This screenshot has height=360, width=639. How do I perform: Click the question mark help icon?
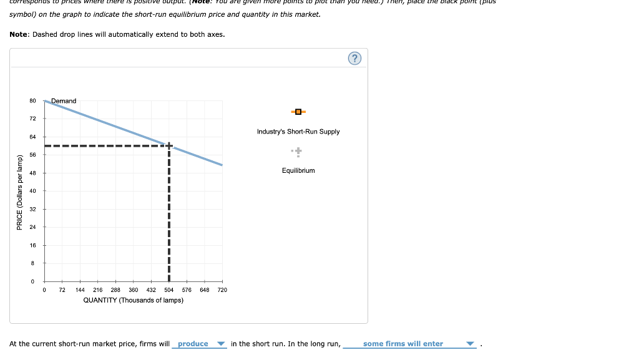point(354,59)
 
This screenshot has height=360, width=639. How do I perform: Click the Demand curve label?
point(64,101)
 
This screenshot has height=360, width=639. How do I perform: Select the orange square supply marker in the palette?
point(298,112)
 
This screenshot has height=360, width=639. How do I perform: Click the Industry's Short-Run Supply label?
point(298,132)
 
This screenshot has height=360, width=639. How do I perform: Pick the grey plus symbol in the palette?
point(298,150)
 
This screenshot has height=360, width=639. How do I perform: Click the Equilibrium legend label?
point(298,170)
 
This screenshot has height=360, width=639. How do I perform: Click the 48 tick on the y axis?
point(32,173)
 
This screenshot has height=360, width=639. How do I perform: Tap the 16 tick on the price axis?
point(32,245)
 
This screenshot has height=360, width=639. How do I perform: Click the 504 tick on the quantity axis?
point(169,290)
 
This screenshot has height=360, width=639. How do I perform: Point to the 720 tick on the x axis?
point(222,290)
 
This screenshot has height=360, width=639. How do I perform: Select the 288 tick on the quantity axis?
point(115,290)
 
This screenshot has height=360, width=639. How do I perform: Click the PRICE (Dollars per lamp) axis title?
point(20,192)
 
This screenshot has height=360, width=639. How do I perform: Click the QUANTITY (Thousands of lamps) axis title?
point(134,300)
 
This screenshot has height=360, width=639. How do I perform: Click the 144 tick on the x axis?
point(80,290)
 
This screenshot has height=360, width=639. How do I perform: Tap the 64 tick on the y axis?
point(32,137)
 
